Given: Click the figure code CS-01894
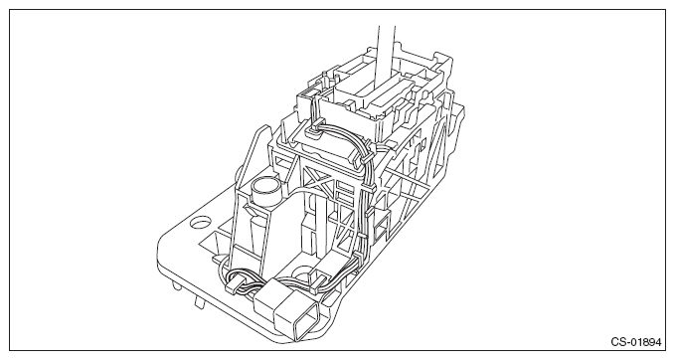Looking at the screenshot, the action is tap(636, 342).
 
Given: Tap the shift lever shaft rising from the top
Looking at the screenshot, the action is tap(386, 55).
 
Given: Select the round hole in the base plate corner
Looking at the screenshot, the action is tap(200, 223).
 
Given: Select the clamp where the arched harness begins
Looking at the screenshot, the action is tap(313, 128).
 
